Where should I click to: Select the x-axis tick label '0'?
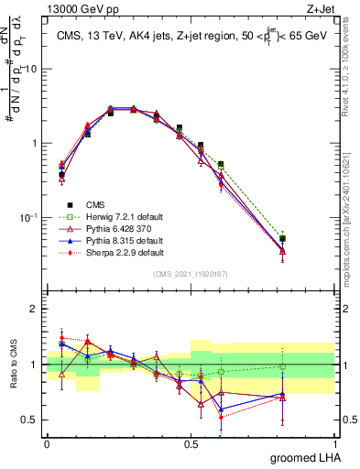[x=47, y=442]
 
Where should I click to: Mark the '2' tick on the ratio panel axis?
[x=35, y=309]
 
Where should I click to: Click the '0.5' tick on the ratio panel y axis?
[x=31, y=420]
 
